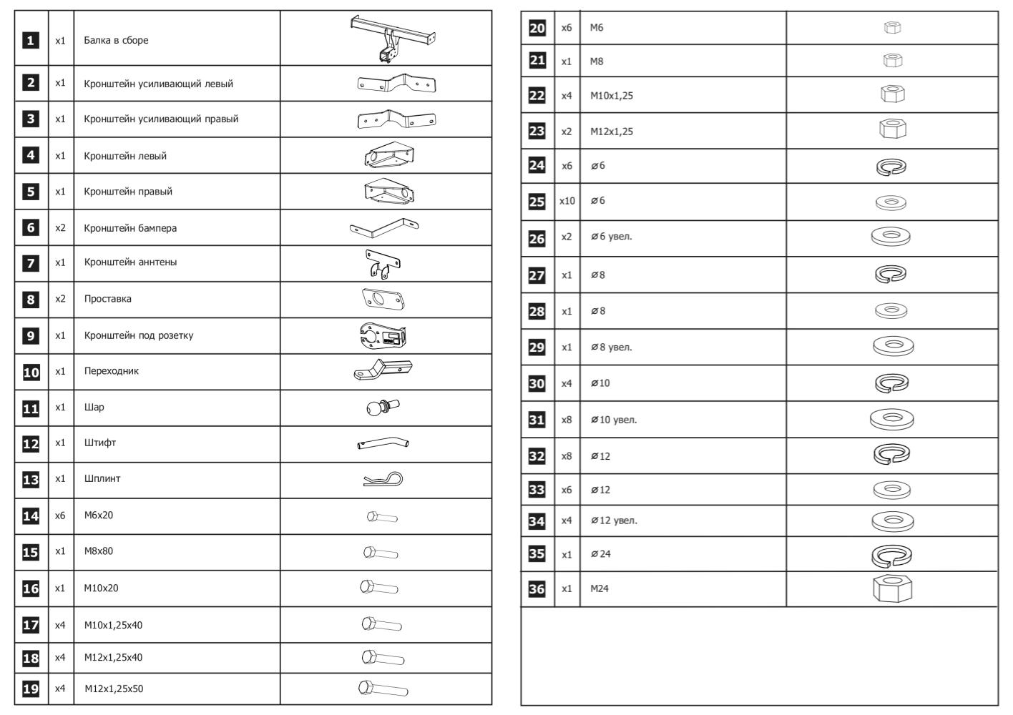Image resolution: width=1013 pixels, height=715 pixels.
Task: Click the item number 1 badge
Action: (x=31, y=41)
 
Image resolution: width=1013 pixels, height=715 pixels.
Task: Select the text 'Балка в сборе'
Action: (x=116, y=41)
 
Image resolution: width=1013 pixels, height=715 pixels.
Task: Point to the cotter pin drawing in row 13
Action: (x=383, y=480)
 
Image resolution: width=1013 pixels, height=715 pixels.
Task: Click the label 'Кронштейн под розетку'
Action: (x=138, y=335)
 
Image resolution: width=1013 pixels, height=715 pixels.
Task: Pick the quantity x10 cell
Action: (x=567, y=201)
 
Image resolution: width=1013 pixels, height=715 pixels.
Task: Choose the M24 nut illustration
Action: (x=892, y=588)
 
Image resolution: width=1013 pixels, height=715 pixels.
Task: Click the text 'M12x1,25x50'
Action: (x=113, y=689)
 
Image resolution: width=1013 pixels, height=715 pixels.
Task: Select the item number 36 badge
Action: (x=537, y=589)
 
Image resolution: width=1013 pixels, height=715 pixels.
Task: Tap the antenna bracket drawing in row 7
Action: (x=383, y=263)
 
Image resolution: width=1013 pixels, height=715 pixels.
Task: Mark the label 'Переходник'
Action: (x=111, y=371)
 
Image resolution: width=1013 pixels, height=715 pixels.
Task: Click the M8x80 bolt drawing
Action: (x=381, y=553)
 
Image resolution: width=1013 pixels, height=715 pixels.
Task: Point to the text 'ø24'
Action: (x=600, y=554)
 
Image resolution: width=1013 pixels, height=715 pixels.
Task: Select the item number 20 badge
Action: (x=537, y=28)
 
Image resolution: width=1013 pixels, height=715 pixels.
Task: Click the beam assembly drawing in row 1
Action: (x=392, y=38)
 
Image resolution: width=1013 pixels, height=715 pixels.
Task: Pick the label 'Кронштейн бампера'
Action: (x=130, y=228)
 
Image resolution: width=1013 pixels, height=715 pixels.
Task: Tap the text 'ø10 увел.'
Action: (x=613, y=420)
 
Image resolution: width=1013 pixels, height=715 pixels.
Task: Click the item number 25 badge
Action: (x=537, y=202)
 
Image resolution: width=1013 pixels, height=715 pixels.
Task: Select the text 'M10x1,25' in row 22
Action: (x=611, y=96)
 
